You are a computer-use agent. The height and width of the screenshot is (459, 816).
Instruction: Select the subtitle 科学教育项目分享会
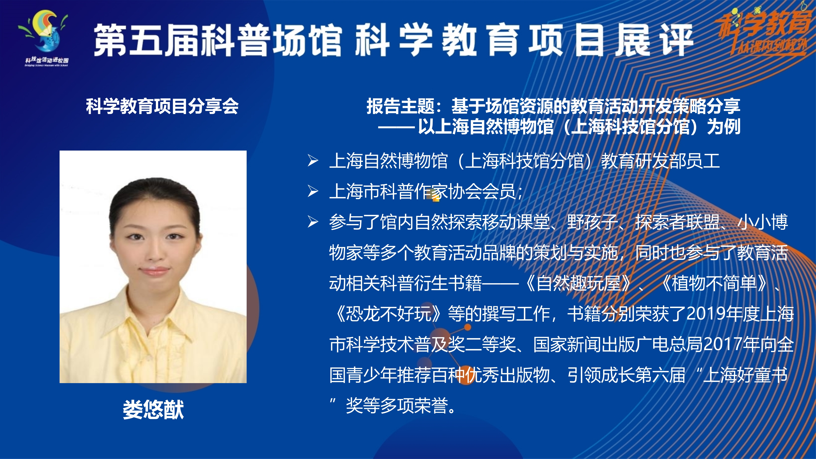162,106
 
